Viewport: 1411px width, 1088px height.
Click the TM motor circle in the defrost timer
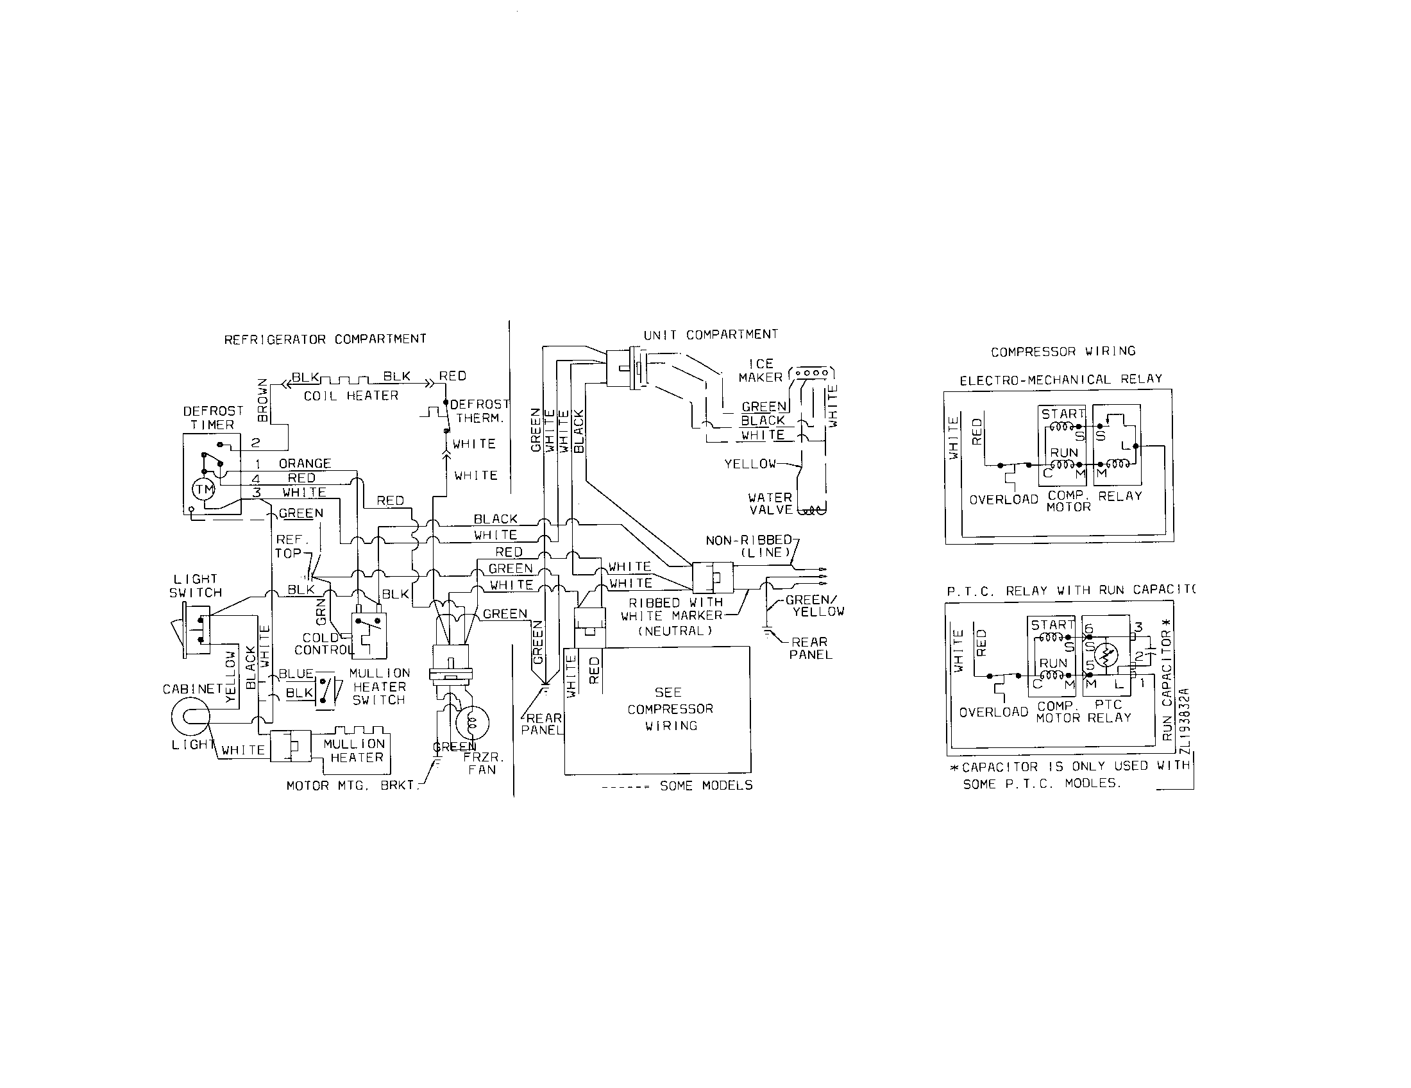coord(204,489)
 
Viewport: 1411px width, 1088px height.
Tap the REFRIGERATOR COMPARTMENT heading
coord(325,339)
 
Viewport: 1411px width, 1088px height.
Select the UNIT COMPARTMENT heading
coord(711,335)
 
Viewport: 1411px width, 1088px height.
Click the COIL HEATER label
coord(351,395)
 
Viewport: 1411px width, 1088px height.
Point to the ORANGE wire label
coord(305,463)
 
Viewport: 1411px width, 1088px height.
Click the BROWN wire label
coord(262,400)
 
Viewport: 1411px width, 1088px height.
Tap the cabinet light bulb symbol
coord(190,717)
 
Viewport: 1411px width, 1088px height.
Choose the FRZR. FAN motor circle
coord(472,722)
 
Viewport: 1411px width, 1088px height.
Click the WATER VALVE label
coord(770,504)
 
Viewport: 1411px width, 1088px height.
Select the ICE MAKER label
coord(761,370)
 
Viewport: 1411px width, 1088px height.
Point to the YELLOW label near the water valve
coord(749,464)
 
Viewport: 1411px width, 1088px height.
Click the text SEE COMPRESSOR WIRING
coord(670,709)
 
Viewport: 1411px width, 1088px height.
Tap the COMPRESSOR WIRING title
coord(1063,352)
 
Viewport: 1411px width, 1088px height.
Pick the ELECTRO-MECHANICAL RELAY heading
coord(1061,380)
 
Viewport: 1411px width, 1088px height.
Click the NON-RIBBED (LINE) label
coord(749,546)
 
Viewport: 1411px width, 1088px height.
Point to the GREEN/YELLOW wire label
coord(814,606)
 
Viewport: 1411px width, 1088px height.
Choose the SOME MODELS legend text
coord(706,786)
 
